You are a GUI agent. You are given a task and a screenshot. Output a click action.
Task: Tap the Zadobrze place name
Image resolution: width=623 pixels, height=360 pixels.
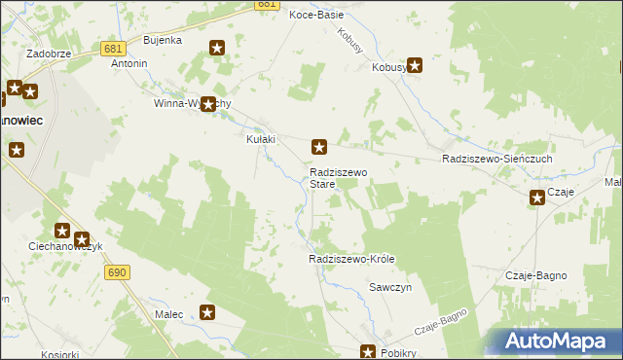(49, 54)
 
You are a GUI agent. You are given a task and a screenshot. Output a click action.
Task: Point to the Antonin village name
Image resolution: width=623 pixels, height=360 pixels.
(129, 64)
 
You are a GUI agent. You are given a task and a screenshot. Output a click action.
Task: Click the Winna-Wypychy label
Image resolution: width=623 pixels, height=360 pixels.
(193, 103)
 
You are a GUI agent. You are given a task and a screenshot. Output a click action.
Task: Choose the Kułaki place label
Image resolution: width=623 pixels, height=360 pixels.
(260, 139)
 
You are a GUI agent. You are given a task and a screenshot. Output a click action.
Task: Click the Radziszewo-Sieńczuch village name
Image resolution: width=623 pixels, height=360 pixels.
(496, 158)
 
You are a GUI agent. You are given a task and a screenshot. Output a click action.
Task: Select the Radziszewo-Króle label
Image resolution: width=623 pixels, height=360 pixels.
(351, 260)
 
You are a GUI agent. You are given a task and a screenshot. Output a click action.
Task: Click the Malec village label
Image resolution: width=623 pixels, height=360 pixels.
(169, 314)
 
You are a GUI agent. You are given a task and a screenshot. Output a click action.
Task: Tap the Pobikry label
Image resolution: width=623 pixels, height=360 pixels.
(398, 353)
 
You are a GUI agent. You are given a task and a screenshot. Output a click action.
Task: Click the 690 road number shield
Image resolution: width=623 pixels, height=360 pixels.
(118, 273)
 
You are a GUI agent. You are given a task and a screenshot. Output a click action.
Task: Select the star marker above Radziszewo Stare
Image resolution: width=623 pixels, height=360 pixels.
(318, 147)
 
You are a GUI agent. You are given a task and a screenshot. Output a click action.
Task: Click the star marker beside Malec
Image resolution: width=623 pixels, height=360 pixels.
(207, 312)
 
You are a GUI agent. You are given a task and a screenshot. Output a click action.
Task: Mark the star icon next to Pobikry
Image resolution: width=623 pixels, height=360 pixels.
(369, 351)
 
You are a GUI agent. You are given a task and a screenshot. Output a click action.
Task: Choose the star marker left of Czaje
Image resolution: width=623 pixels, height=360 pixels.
(537, 198)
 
